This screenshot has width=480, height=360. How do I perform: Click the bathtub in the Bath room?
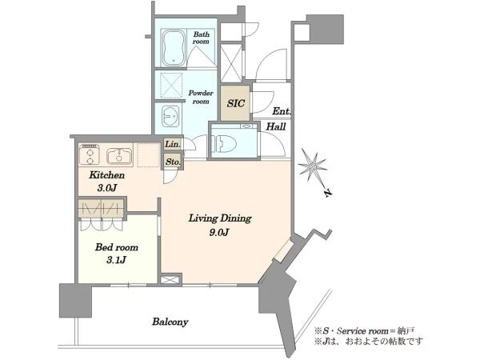174,47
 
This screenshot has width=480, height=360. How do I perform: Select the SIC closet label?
235,103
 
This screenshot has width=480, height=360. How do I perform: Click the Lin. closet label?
172,144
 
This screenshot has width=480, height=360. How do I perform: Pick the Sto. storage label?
173,162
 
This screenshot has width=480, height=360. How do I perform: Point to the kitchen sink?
119,156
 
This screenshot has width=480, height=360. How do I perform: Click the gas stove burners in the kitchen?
90,155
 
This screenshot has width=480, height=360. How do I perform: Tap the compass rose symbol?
313,167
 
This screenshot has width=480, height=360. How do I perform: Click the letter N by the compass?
327,193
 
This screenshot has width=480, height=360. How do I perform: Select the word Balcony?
170,322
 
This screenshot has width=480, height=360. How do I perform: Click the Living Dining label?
220,218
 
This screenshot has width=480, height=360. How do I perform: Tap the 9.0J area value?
219,233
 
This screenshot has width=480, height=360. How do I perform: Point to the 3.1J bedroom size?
117,260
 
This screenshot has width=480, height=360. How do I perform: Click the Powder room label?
201,97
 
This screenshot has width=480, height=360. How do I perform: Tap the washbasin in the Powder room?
170,116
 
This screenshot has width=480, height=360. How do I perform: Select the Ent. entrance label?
282,111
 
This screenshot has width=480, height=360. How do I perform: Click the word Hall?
276,126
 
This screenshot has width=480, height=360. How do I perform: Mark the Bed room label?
117,246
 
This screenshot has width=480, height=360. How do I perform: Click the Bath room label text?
201,38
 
